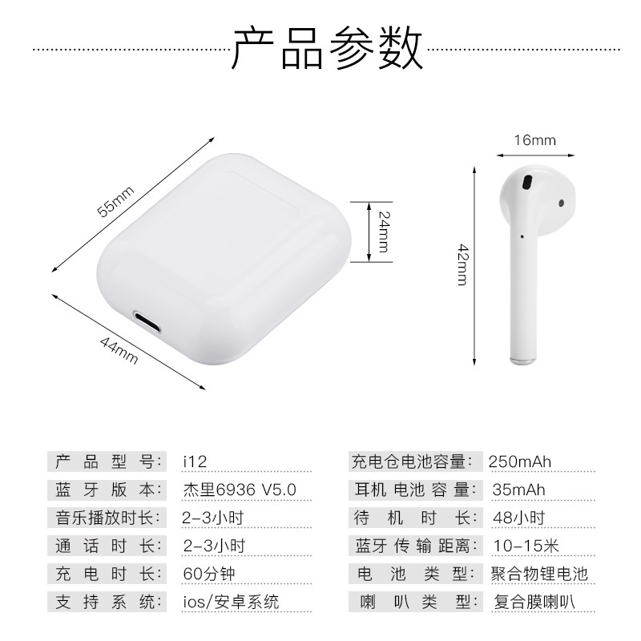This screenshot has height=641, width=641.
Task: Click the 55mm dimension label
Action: click(115, 201)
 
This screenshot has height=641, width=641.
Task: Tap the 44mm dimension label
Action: click(119, 350)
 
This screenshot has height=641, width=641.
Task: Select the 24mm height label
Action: click(384, 232)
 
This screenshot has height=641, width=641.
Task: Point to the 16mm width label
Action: click(534, 140)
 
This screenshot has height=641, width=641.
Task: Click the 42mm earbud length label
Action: click(463, 264)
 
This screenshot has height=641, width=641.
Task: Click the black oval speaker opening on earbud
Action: click(527, 183)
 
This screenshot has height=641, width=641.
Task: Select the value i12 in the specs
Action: click(195, 462)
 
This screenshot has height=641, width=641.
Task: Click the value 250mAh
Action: click(519, 462)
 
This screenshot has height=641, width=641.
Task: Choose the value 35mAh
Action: click(518, 490)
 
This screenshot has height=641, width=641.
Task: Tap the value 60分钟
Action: click(209, 574)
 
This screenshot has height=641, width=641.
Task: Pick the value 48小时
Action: click(518, 518)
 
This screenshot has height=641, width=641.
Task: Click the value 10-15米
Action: click(526, 546)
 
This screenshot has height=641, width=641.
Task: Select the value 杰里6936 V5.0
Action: click(239, 490)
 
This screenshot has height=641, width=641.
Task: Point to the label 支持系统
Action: click(108, 602)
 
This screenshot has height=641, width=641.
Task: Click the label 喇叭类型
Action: click(419, 602)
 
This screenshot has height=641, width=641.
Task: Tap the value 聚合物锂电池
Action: click(539, 574)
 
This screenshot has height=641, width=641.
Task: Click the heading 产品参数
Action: click(327, 48)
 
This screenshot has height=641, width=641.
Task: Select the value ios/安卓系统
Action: click(231, 602)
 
